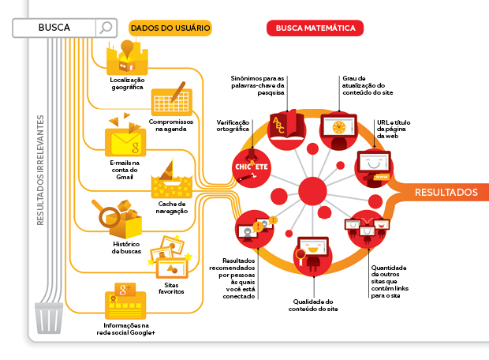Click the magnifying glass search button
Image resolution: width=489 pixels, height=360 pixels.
[105, 28]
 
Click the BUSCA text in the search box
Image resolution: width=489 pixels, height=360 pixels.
[54, 28]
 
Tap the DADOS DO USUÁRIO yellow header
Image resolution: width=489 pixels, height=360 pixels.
[170, 28]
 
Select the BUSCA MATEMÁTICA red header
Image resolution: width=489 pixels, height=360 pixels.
[315, 28]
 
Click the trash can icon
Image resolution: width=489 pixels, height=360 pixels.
[50, 318]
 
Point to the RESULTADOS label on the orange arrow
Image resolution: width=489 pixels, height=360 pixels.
[446, 192]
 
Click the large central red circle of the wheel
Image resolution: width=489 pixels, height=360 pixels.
[313, 191]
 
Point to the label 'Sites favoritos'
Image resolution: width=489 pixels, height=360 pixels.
[171, 287]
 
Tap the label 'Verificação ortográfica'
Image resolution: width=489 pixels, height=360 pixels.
[233, 126]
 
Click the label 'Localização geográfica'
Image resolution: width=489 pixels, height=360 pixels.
[126, 84]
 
